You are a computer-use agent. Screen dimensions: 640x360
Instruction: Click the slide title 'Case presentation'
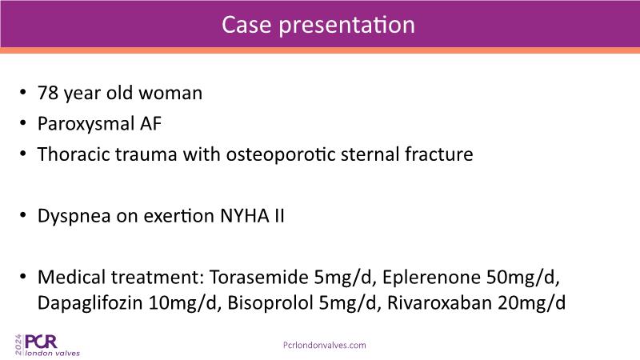[x=318, y=25]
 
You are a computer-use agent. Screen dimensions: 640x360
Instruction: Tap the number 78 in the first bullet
[x=48, y=93]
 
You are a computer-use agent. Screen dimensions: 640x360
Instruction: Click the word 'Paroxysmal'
[x=86, y=124]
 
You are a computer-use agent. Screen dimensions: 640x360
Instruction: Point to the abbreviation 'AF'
[x=150, y=123]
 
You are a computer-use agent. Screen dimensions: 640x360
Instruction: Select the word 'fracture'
[x=438, y=154]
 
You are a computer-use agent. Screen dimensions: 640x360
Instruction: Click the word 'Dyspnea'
[x=74, y=216]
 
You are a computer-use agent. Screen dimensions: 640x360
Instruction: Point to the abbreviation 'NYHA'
[x=244, y=215]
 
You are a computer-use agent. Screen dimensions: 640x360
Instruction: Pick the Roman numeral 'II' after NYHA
[x=279, y=215]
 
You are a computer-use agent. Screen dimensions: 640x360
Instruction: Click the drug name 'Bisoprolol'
[x=270, y=303]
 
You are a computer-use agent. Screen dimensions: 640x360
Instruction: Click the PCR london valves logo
[x=47, y=346]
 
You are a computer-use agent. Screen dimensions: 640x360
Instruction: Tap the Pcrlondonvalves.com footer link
[x=325, y=346]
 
